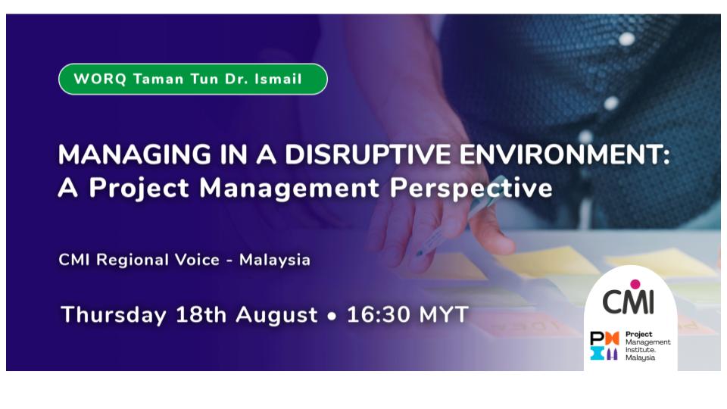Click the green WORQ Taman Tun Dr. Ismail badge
[192, 79]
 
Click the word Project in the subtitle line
[142, 187]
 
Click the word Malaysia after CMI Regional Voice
[275, 260]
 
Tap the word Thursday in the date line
[114, 314]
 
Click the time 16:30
[376, 314]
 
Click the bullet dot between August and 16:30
[332, 316]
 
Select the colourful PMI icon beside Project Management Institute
[604, 345]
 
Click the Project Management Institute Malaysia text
[647, 345]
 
